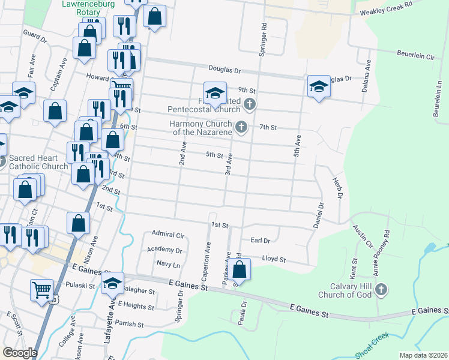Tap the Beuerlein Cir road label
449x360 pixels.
415,55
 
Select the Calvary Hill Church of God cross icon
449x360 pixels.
380,290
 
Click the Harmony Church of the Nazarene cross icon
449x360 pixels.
241,127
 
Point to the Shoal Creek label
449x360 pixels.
372,347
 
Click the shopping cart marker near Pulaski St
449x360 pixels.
42,289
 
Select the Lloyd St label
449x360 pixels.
273,260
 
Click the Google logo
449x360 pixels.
20,353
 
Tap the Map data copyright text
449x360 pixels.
423,355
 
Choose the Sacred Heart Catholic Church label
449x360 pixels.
38,163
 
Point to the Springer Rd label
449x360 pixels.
262,41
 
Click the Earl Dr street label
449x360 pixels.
261,240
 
